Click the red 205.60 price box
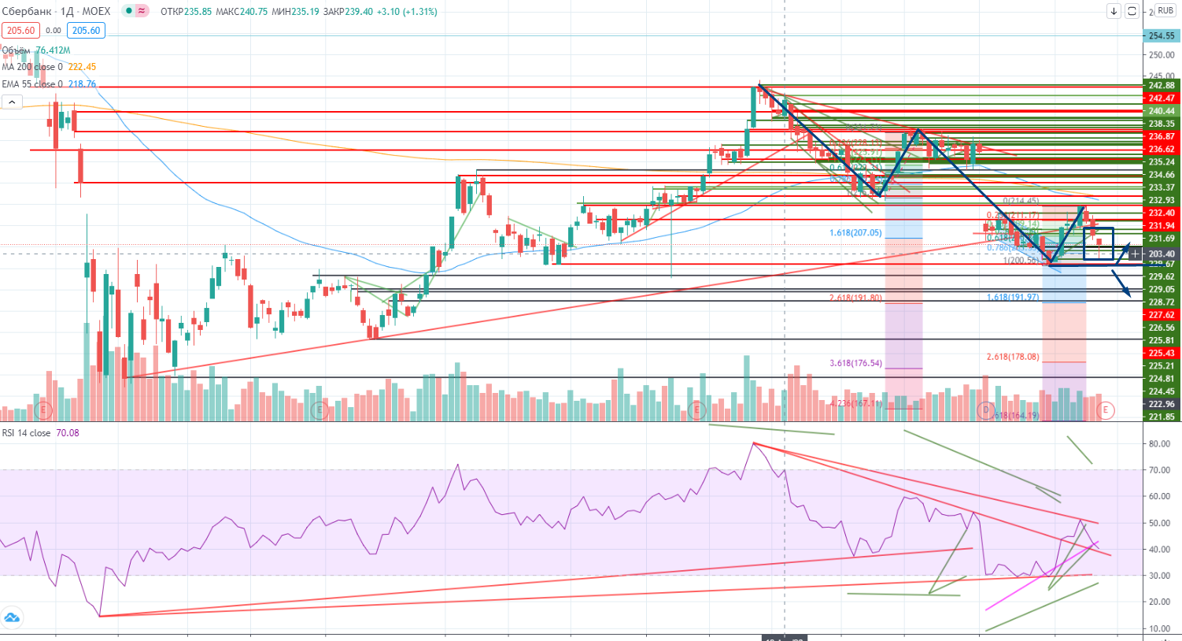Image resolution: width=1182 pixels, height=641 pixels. click(x=20, y=31)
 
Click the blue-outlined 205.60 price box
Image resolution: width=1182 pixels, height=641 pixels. click(x=86, y=31)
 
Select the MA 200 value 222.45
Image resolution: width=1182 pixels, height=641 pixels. click(x=82, y=67)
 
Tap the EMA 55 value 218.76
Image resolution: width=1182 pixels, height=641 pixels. click(x=82, y=84)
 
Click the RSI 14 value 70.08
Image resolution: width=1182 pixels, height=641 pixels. click(x=68, y=433)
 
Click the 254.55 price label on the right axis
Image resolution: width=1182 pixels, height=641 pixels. click(x=1162, y=35)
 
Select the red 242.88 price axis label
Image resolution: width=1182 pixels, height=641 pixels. click(x=1162, y=86)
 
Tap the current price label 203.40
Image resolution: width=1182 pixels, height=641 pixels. click(x=1162, y=254)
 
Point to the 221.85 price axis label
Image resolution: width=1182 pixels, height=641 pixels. click(x=1162, y=417)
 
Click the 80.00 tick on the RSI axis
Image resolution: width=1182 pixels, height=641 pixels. click(x=1159, y=444)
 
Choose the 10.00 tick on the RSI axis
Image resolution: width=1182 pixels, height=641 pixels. click(x=1159, y=628)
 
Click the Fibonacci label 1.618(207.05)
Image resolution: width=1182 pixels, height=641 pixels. click(x=855, y=233)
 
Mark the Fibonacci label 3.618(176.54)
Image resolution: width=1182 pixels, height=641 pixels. click(x=855, y=364)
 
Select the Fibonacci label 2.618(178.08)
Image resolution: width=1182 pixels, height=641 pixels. click(x=1013, y=357)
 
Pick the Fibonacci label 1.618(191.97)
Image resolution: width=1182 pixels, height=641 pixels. click(x=1013, y=298)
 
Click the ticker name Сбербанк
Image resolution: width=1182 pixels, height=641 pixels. click(x=27, y=11)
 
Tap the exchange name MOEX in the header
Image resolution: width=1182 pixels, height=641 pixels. click(x=96, y=11)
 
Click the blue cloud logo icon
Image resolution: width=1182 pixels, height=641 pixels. click(x=12, y=617)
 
